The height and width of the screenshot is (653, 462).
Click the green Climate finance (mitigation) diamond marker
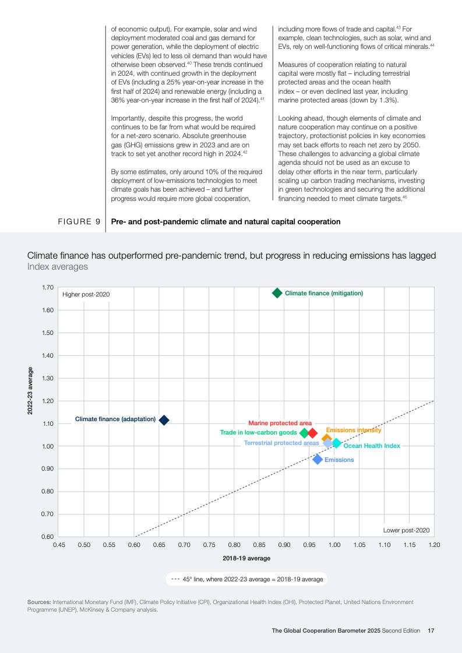[277, 293]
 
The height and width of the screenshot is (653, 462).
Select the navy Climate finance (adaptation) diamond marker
[164, 420]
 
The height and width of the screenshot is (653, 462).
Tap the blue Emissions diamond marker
[318, 460]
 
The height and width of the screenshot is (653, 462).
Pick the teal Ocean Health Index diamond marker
[336, 443]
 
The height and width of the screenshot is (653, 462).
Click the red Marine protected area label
[280, 423]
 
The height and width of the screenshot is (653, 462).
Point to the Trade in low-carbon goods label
[258, 433]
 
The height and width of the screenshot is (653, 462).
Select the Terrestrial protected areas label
[281, 443]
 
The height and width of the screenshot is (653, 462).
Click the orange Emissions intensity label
[354, 430]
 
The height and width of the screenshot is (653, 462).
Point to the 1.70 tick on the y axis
[48, 287]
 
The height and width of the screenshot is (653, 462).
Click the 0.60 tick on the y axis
[48, 536]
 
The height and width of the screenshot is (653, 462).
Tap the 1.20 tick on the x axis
[434, 545]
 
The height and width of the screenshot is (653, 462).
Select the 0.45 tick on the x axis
[59, 545]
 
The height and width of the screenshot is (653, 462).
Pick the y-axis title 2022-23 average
[30, 390]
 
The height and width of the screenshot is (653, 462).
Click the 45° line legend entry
[247, 580]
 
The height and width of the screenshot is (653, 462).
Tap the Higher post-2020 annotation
[86, 294]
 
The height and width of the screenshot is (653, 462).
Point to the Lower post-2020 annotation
[406, 530]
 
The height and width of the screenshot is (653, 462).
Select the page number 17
[431, 630]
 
